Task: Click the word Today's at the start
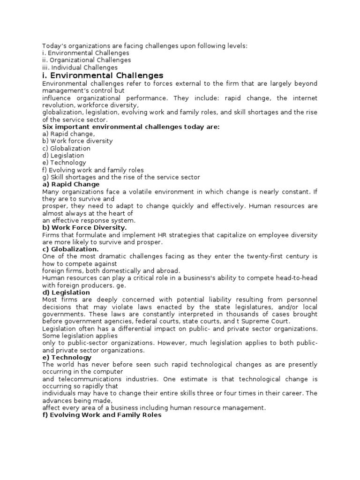tap(53, 45)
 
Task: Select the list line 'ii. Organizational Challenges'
tap(86, 60)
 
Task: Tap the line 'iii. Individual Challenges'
tap(80, 67)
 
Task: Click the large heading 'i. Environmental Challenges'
tap(103, 75)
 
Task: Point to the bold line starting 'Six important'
tap(131, 127)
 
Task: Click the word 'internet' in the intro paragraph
tap(305, 98)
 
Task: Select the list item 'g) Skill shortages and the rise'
tap(121, 177)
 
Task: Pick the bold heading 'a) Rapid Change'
tap(71, 184)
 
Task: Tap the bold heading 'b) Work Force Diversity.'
tap(84, 228)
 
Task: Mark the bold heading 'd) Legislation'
tap(66, 292)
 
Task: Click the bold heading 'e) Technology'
tap(67, 357)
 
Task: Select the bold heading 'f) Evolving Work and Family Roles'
tap(102, 415)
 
